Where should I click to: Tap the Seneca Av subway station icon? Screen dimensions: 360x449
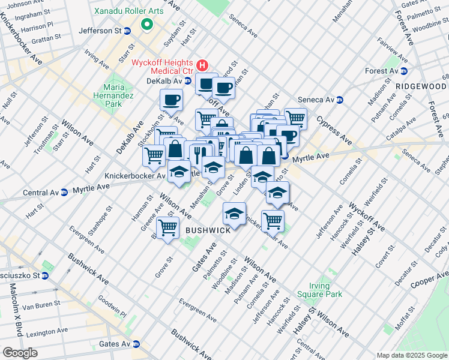[x=339, y=100]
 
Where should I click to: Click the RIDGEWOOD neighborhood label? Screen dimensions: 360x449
[x=421, y=86]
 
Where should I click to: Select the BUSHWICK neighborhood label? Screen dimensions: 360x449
[x=208, y=230]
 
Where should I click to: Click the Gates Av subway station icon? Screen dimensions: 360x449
[x=136, y=344]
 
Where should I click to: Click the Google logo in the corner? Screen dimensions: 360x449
[x=19, y=353]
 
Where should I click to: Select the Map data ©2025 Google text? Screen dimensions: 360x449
[x=412, y=355]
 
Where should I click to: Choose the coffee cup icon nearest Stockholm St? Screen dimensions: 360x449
[x=171, y=100]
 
